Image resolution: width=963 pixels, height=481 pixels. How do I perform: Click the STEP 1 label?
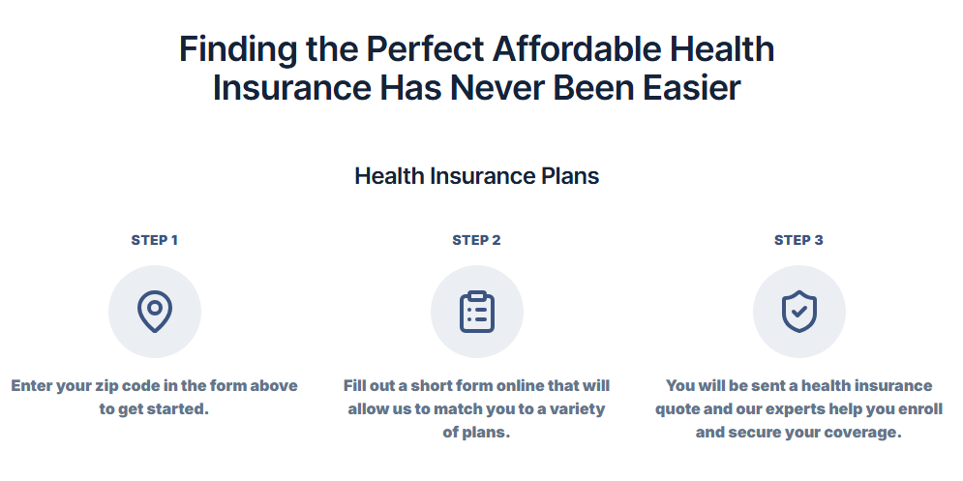[154, 240]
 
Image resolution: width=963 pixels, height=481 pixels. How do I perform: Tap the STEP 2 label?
[476, 240]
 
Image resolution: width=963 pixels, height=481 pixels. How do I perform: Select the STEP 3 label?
[798, 240]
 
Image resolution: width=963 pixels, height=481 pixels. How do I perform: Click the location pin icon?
[155, 312]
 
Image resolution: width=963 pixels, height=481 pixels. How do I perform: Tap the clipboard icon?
[477, 312]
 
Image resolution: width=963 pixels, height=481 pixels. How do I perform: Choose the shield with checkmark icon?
[799, 312]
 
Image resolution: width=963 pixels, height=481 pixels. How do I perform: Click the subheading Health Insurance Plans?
[476, 176]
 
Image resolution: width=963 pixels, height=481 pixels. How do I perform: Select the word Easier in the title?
[692, 88]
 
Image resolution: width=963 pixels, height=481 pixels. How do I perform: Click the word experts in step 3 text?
[761, 409]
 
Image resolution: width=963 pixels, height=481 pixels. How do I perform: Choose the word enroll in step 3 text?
[918, 409]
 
